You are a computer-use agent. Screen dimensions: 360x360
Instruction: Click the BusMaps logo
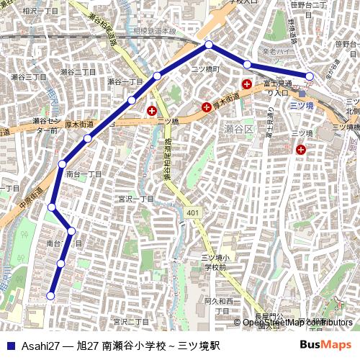[325, 345]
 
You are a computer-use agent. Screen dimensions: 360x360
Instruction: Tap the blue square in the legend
[9, 346]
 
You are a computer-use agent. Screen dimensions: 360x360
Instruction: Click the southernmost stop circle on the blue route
[50, 295]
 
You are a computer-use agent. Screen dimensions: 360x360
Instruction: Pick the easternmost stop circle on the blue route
[310, 76]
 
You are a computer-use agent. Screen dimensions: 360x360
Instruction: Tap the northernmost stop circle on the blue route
[209, 45]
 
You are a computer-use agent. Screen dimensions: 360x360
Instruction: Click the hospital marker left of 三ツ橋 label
[151, 111]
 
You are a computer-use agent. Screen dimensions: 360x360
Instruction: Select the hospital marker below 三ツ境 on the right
[300, 149]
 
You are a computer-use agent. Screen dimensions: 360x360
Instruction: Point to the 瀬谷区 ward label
[238, 129]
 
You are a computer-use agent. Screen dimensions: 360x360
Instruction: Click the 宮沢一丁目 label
[137, 199]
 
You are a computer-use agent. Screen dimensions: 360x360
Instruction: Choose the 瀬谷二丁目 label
[78, 72]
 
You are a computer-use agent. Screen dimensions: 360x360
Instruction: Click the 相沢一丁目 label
[40, 12]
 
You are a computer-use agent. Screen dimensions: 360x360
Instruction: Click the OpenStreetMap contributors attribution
[297, 323]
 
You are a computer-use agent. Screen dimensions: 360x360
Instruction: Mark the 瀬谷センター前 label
[45, 126]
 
